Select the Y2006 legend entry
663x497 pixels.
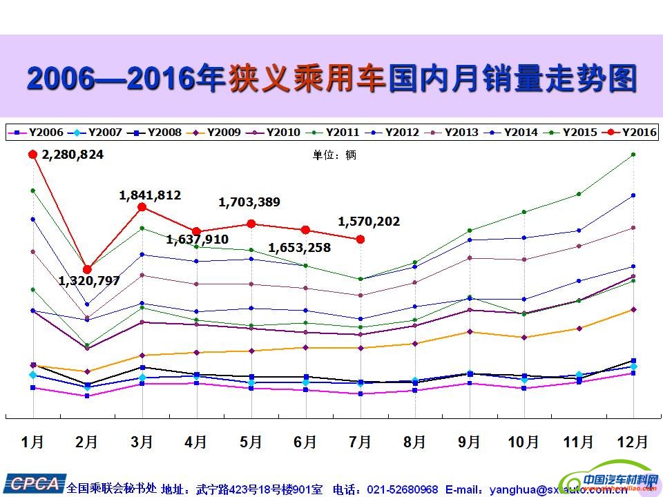(x=37, y=132)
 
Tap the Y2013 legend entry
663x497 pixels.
(x=453, y=132)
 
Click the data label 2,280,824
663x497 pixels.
(x=73, y=155)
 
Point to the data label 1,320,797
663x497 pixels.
(x=89, y=281)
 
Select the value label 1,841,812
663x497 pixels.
(x=150, y=195)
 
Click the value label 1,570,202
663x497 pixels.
(x=369, y=222)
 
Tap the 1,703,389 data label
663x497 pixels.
(x=249, y=202)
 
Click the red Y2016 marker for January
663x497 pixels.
(x=32, y=155)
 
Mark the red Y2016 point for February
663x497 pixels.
(x=87, y=269)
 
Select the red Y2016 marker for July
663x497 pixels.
(x=360, y=239)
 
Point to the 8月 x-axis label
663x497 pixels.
(x=414, y=442)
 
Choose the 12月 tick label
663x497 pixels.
(x=632, y=442)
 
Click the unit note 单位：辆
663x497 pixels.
(x=335, y=155)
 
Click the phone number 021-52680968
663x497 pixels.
(x=403, y=489)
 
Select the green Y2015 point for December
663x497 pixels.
(x=633, y=155)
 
